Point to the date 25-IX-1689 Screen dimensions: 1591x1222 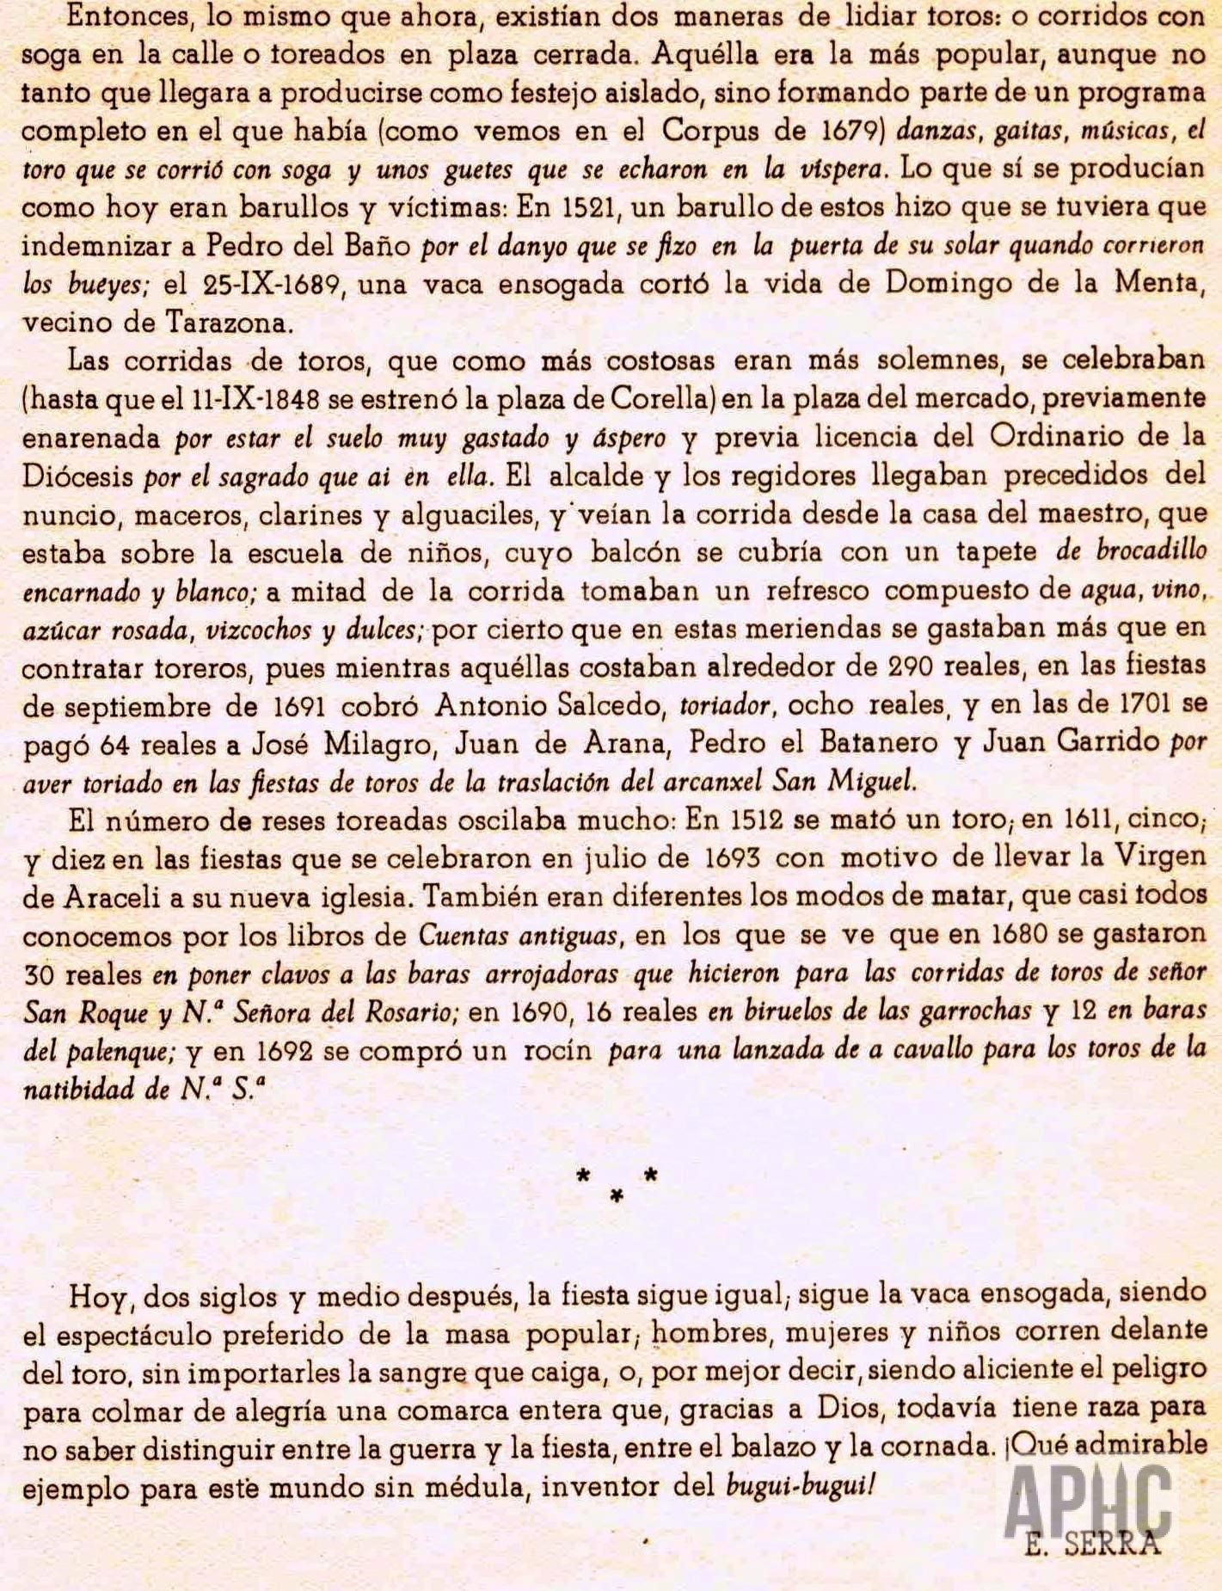coord(275,285)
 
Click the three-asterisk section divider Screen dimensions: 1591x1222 coord(617,1183)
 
